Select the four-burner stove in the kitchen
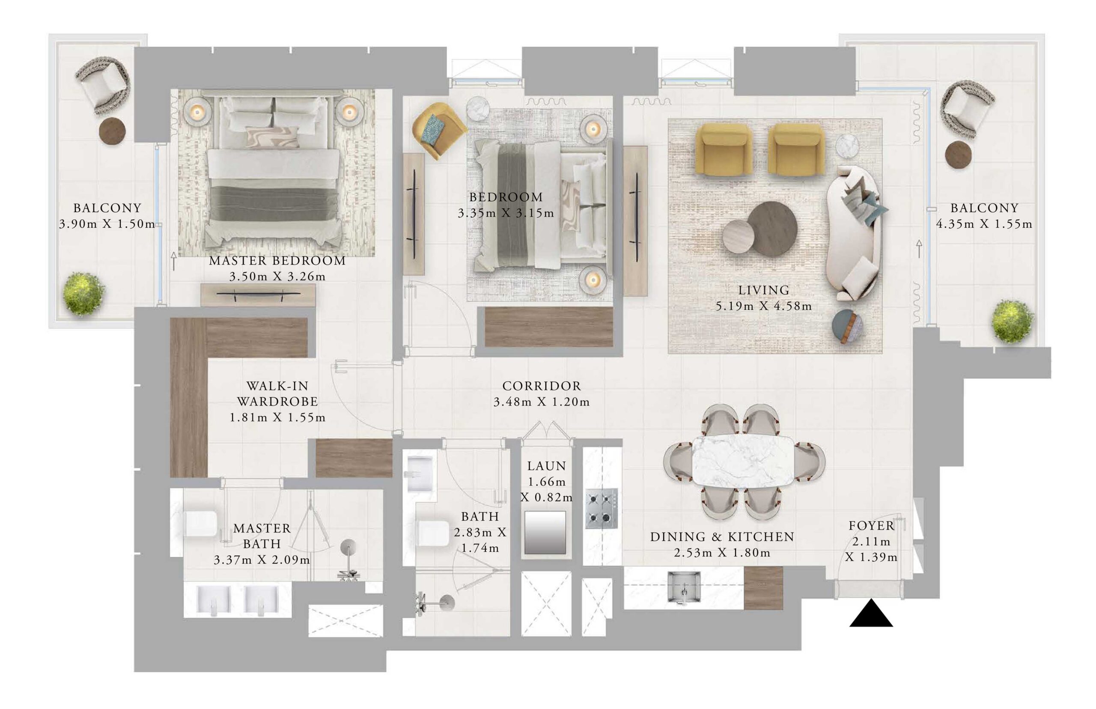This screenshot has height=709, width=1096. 602,509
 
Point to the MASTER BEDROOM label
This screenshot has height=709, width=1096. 277,261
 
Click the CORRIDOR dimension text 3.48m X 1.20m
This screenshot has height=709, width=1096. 541,402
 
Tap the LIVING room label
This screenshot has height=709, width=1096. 764,290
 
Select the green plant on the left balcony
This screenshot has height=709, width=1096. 84,293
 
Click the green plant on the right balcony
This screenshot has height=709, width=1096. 1012,321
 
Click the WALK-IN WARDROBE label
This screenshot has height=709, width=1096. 277,393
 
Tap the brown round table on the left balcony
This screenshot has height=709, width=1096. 112,131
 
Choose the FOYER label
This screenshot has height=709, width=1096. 871,526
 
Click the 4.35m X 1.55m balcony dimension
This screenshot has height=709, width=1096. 984,224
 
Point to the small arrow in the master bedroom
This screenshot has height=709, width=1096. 173,261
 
